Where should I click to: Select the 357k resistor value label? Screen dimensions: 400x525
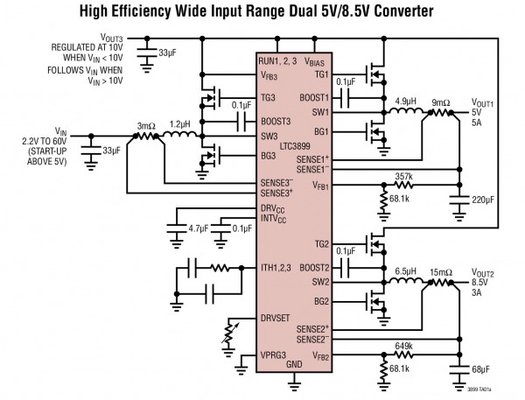tap(404, 176)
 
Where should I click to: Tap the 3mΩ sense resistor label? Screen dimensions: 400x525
tap(145, 123)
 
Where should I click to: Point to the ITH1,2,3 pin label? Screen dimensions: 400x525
tap(278, 267)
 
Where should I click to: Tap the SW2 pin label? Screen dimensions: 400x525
tap(319, 282)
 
